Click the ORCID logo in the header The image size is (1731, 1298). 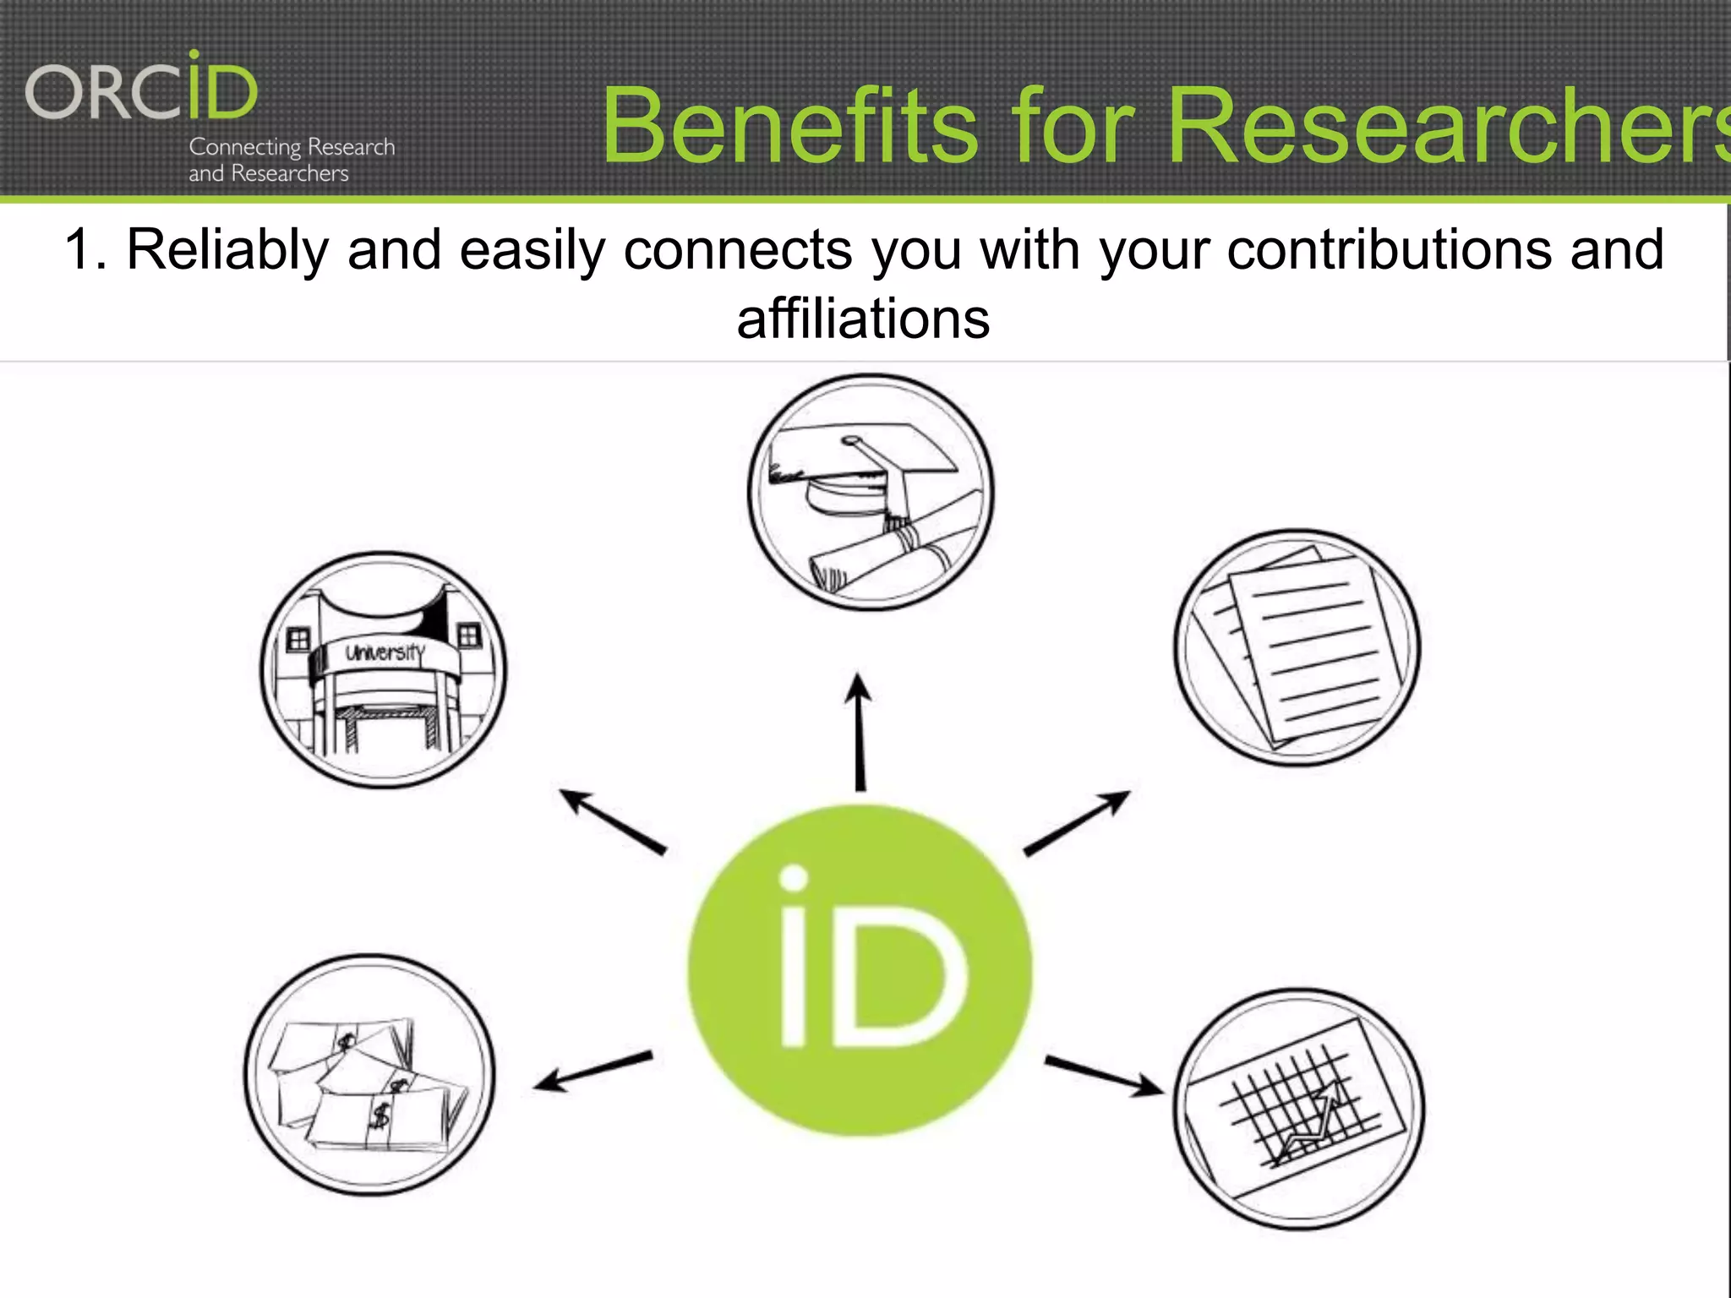pos(141,89)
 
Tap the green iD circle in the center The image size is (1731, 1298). pos(860,970)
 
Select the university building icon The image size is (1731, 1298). pos(383,670)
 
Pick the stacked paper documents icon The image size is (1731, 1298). pos(1297,648)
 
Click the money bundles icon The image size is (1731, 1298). pos(369,1075)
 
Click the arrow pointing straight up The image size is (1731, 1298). pos(860,731)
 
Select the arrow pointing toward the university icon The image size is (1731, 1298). pos(613,821)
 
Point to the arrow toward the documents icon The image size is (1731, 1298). pos(1077,822)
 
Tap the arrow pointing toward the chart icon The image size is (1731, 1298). pos(1104,1075)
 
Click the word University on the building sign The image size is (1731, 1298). pos(385,652)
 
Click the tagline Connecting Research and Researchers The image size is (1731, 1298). pos(292,160)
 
